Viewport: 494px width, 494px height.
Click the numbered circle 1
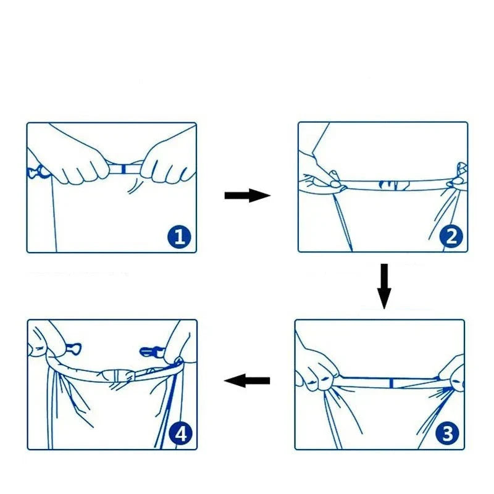[x=179, y=237]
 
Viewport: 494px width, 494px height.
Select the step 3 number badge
[x=448, y=434]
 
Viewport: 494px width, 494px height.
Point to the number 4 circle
[x=181, y=434]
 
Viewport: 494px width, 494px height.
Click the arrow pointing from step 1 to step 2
[x=247, y=196]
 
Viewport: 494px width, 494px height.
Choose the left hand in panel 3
[x=316, y=371]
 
